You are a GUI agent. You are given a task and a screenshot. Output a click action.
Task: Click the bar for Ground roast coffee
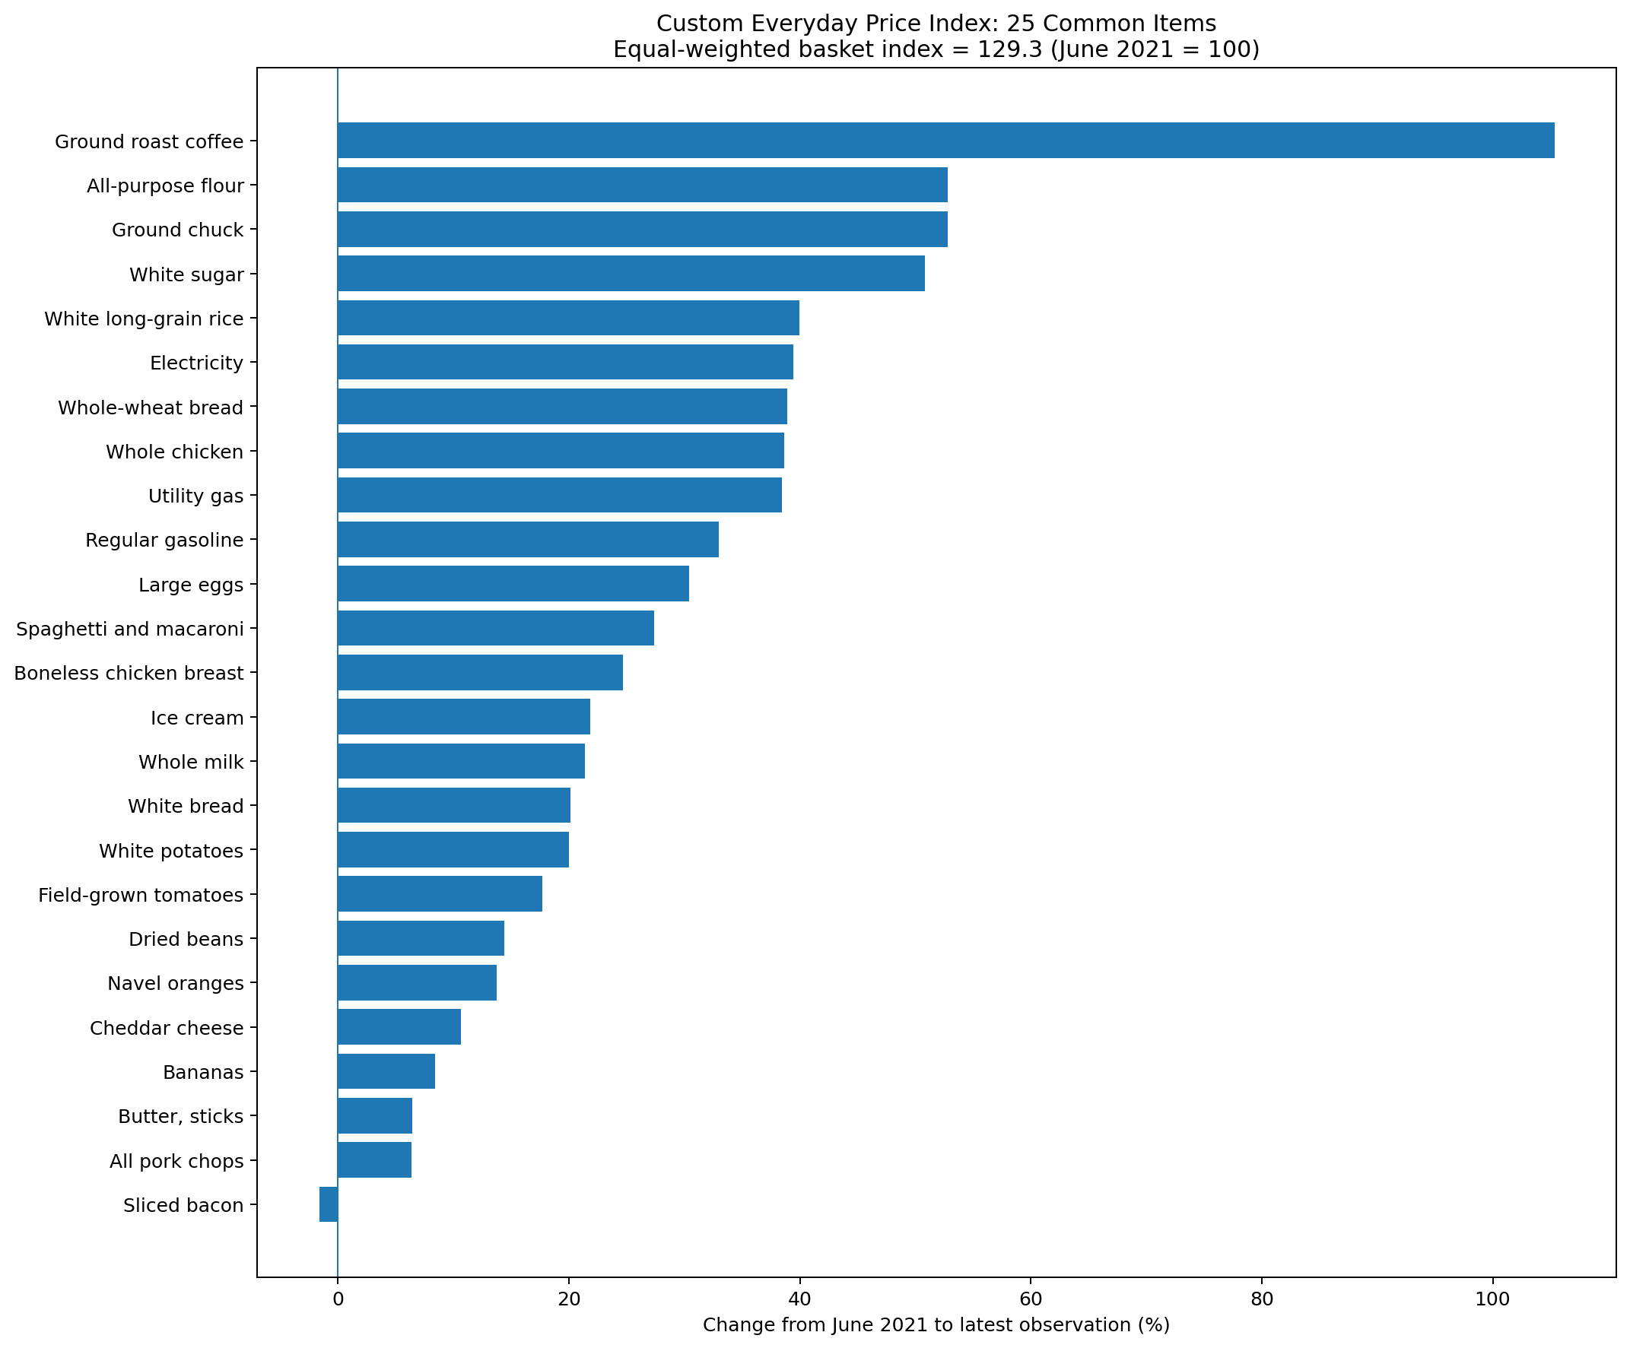(x=945, y=141)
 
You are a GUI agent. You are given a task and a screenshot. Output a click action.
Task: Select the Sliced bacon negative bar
(x=329, y=1204)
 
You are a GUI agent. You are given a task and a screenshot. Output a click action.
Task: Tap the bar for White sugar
(x=631, y=273)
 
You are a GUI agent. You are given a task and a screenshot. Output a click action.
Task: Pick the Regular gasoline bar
(x=528, y=539)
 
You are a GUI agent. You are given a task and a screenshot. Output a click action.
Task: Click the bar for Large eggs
(x=513, y=584)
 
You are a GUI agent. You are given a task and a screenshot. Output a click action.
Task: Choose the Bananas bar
(x=386, y=1071)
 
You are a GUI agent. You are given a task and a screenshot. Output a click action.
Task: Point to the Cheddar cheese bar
(x=399, y=1026)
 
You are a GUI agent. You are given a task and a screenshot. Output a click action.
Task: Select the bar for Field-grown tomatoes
(x=440, y=894)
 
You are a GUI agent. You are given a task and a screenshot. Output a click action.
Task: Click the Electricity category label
(x=196, y=363)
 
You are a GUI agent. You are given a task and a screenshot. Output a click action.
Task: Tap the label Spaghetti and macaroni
(x=129, y=629)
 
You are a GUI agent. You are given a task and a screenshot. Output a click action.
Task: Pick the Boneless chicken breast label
(x=129, y=673)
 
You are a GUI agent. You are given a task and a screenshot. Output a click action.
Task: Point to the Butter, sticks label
(x=181, y=1117)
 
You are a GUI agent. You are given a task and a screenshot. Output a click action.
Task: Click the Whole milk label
(x=191, y=762)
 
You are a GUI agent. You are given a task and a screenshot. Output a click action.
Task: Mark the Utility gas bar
(x=560, y=495)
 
